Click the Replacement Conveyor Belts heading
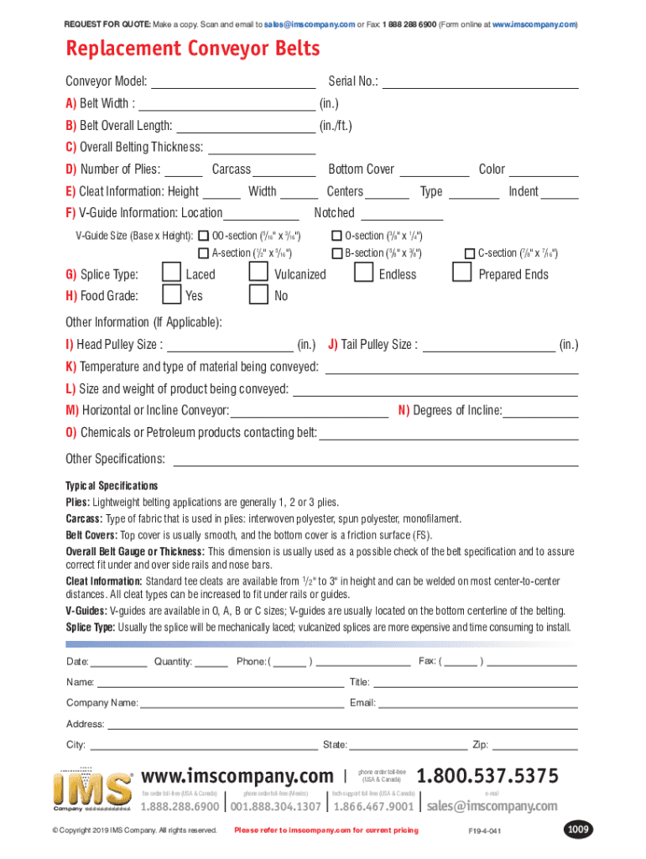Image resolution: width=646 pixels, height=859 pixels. click(x=193, y=49)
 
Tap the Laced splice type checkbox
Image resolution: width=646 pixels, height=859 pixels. click(x=171, y=273)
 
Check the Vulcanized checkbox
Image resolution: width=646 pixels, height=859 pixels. click(x=259, y=273)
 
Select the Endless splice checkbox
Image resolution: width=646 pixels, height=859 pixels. click(x=363, y=273)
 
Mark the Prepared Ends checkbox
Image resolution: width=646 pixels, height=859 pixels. click(x=461, y=273)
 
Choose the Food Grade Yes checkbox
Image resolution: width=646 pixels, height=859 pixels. click(x=171, y=294)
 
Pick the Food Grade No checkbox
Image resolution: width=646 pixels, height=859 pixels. click(x=259, y=294)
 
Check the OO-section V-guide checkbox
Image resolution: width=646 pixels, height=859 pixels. click(x=203, y=236)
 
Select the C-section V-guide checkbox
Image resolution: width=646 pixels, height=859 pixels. click(x=470, y=252)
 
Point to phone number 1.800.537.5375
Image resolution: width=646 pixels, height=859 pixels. click(x=487, y=776)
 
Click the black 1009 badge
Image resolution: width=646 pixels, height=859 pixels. click(x=578, y=830)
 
